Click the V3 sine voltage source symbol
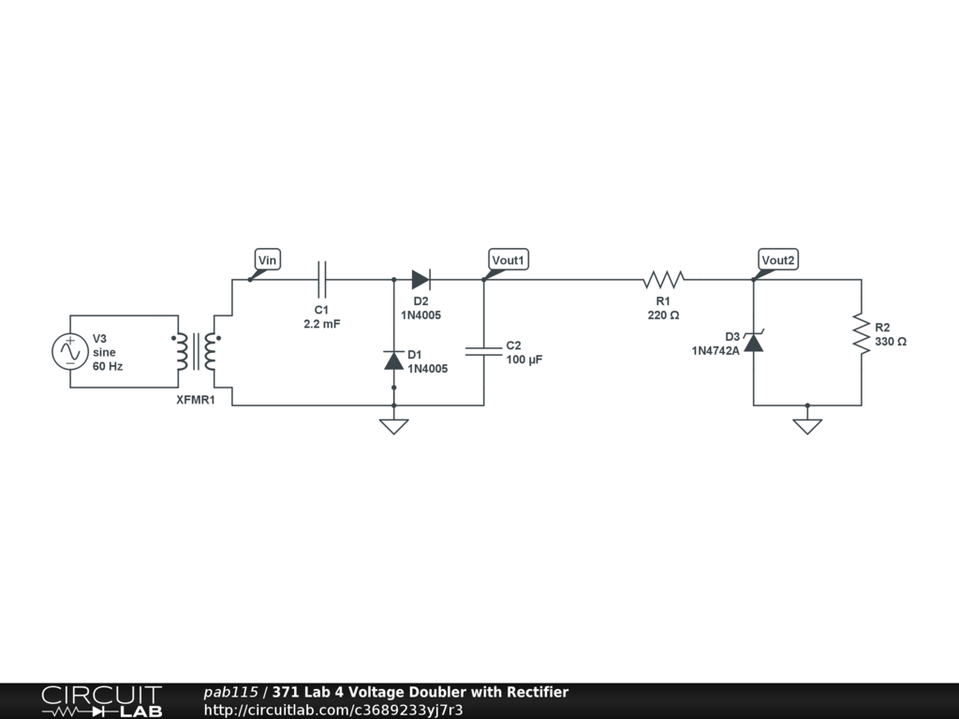click(69, 351)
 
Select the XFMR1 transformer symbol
click(197, 351)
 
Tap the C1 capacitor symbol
click(322, 279)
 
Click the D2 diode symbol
click(420, 279)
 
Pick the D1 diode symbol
click(393, 360)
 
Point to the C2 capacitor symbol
click(484, 351)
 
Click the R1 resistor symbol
click(663, 279)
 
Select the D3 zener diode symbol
click(754, 342)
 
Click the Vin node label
click(268, 259)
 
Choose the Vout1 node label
click(509, 259)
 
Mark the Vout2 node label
click(779, 259)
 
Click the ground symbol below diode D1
click(393, 426)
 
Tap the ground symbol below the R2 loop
click(807, 426)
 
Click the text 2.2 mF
click(322, 323)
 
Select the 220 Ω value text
click(663, 315)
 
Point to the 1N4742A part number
click(716, 351)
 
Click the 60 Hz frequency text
click(108, 366)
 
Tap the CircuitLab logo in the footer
click(101, 701)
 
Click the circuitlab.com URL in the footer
click(333, 710)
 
